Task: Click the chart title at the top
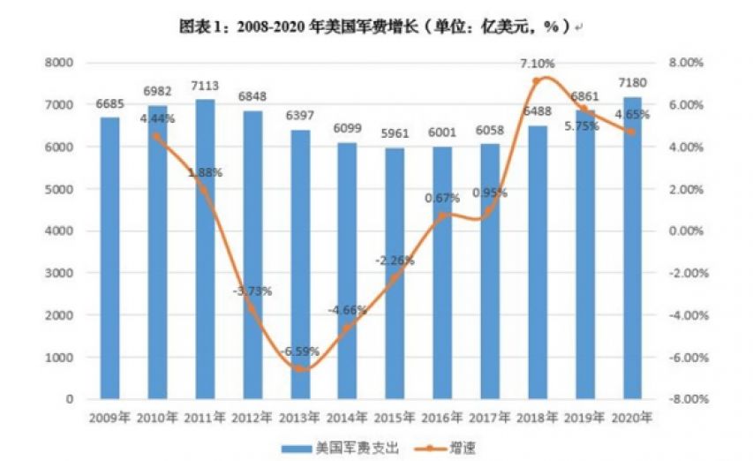pyautogui.click(x=375, y=27)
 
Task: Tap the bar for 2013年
pyautogui.click(x=302, y=264)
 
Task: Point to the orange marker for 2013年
pyautogui.click(x=302, y=367)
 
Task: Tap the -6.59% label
pyautogui.click(x=302, y=351)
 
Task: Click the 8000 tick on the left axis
pyautogui.click(x=59, y=63)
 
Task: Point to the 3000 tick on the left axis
pyautogui.click(x=59, y=273)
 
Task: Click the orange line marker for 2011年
pyautogui.click(x=205, y=190)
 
